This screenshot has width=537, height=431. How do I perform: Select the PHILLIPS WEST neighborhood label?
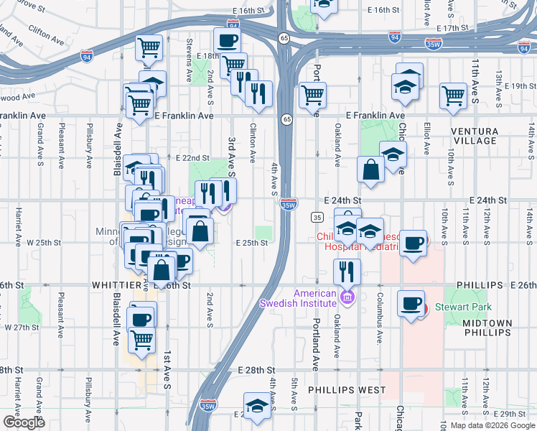pos(347,390)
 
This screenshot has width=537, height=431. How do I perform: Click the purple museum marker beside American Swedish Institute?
pos(348,297)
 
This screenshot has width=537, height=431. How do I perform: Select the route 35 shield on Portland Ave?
pos(317,217)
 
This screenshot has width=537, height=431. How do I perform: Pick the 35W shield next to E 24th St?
pos(289,205)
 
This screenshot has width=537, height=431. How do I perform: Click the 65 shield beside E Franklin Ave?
pos(286,119)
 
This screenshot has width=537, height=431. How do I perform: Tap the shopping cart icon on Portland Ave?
pos(312,95)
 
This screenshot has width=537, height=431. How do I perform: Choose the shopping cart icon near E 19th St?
pos(453,95)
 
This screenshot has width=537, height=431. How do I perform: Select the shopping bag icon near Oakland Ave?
pos(371,170)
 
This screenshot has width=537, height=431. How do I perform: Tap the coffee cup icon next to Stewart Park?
pos(411,303)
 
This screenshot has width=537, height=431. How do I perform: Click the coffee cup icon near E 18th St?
pos(228,40)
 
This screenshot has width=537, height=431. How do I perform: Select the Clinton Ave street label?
pos(253,141)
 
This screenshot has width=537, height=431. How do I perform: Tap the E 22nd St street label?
pos(192,158)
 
